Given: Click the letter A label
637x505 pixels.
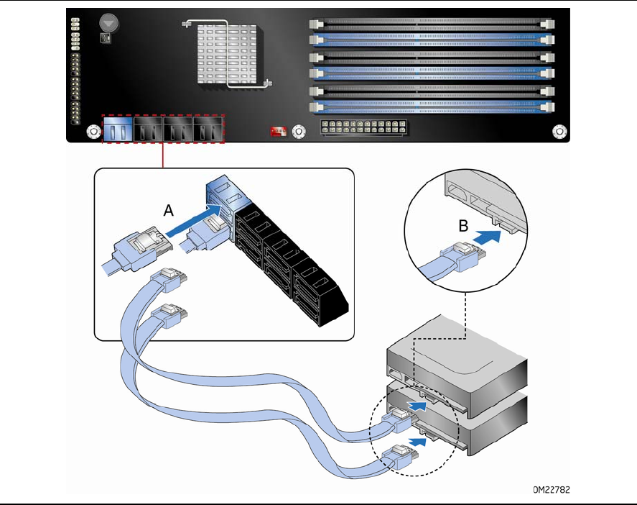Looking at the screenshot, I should tap(169, 210).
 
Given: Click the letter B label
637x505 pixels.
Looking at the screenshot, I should tap(465, 225).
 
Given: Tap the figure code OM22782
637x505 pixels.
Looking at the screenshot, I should tap(552, 490).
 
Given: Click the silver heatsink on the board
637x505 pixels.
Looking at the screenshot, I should tap(227, 55).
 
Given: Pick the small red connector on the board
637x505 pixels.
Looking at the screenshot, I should tap(278, 132).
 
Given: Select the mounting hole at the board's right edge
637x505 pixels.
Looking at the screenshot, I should tap(559, 132).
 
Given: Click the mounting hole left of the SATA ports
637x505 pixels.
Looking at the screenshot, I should tap(93, 132).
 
